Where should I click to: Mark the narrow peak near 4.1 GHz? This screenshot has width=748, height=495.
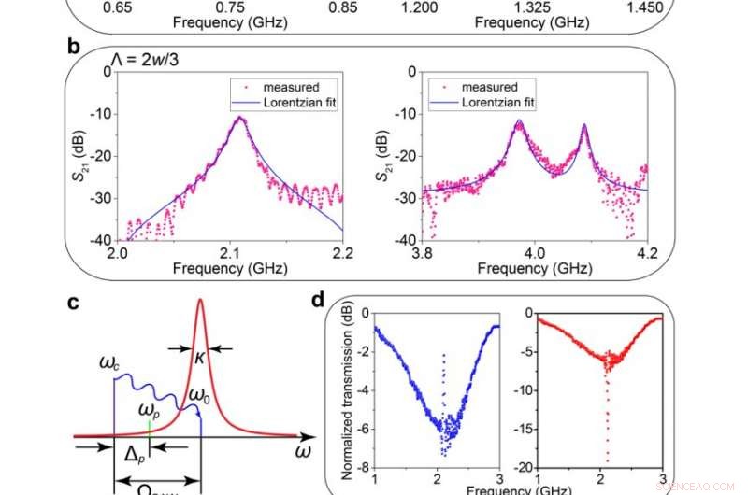[584, 124]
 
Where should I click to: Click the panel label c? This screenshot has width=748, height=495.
[74, 302]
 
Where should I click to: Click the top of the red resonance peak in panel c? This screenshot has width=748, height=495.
[199, 300]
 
